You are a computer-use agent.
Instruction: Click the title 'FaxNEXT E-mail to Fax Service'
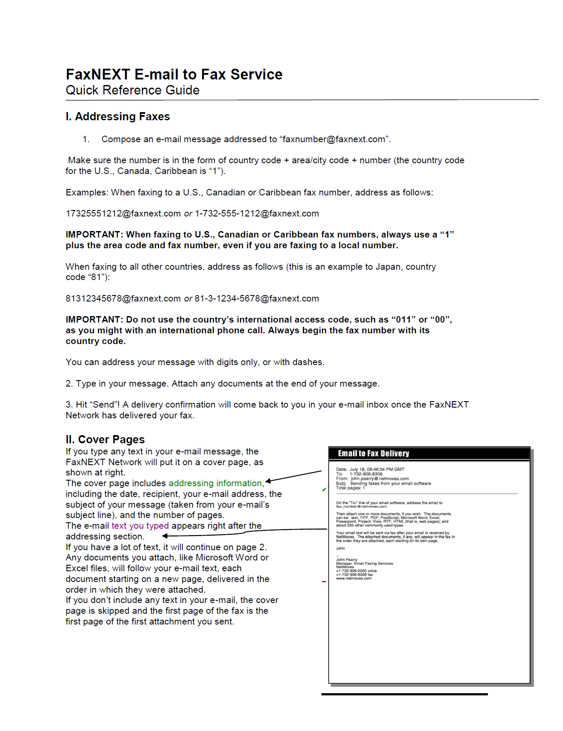(174, 74)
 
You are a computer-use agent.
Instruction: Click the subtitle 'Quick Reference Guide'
(132, 90)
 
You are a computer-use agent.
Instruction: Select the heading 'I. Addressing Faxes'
(118, 116)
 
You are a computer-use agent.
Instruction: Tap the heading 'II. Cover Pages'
(105, 439)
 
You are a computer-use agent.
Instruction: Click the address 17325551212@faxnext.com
(123, 213)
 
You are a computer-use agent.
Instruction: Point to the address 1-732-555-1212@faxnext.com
(257, 213)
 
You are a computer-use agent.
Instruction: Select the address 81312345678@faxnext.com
(123, 298)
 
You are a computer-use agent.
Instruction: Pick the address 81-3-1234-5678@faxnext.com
(257, 298)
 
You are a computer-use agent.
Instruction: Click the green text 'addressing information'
(215, 483)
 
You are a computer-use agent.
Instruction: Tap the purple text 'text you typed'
(140, 526)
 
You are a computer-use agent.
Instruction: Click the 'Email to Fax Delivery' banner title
(373, 454)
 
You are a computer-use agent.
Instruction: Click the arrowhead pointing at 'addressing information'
(268, 481)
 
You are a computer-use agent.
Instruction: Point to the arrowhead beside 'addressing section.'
(165, 536)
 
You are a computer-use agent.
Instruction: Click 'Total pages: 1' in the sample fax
(350, 488)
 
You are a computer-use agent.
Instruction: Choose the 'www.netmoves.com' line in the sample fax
(354, 579)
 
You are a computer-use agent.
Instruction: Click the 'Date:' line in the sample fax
(370, 469)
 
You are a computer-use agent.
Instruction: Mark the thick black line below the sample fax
(404, 694)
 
